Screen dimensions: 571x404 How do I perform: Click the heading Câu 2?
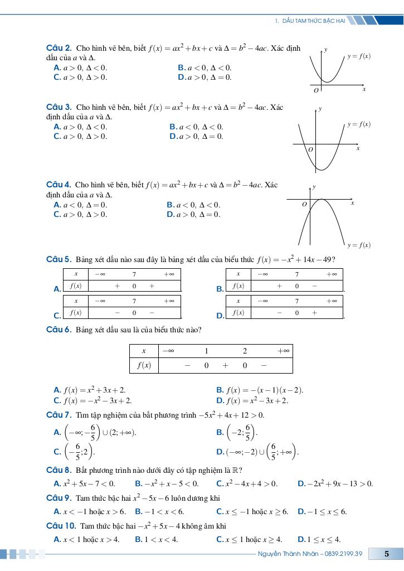click(58, 49)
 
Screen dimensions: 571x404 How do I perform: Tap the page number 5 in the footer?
click(386, 554)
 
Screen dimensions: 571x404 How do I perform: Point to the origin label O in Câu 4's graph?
click(304, 205)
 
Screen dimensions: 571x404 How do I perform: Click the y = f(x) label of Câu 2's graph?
click(359, 56)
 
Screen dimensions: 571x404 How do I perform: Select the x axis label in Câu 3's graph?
click(358, 148)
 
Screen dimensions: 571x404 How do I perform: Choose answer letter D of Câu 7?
click(220, 451)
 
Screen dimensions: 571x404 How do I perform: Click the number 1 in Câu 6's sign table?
click(206, 351)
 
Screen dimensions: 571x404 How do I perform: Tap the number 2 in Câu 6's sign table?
click(244, 351)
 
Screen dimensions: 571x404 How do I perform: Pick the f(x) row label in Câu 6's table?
click(144, 366)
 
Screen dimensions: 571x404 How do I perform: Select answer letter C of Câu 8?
click(220, 483)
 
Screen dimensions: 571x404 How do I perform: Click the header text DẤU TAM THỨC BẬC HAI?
click(314, 21)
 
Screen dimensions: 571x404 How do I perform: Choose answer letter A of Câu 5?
click(57, 289)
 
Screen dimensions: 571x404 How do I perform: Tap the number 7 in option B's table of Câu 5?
click(297, 274)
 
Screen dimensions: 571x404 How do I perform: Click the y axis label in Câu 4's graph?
click(315, 187)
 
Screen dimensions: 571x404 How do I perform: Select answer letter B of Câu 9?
click(138, 511)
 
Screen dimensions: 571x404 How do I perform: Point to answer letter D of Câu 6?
click(220, 400)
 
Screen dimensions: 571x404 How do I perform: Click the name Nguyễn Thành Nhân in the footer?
click(285, 554)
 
